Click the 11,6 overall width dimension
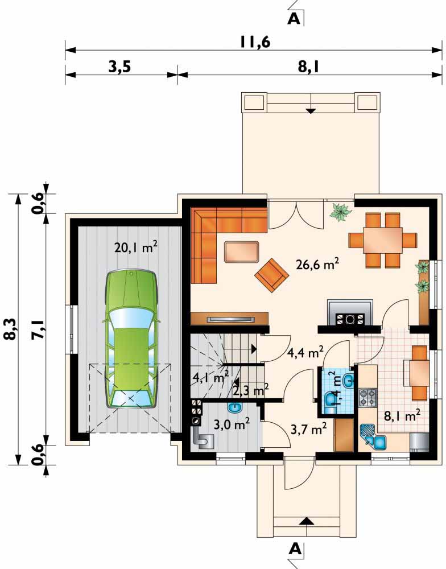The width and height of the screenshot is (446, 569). pos(255,42)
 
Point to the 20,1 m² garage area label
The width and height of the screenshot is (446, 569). pos(136,248)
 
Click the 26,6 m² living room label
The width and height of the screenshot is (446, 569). pos(317,264)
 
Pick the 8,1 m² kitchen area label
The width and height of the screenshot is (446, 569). pos(402,415)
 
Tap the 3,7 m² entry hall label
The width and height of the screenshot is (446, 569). pos(309,429)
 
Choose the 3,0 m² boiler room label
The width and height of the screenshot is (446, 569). pos(232,424)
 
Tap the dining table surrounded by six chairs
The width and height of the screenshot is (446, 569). pos(383,240)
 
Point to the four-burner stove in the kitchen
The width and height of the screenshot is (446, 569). pos(367,397)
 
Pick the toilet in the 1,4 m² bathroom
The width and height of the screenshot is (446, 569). pos(331,402)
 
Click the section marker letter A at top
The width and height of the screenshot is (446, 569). pos(294,18)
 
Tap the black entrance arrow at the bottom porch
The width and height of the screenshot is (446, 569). pos(307,521)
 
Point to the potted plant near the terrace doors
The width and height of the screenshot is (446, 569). pos(340,212)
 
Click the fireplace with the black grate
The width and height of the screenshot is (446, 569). pos(350,312)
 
